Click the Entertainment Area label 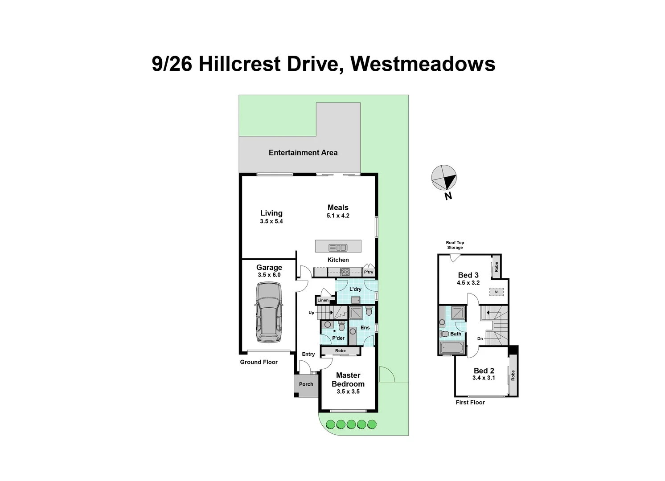coord(303,153)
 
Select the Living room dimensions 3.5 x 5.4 coord(271,221)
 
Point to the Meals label coord(338,208)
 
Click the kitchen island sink coord(338,247)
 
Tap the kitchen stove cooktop coord(345,272)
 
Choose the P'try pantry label coord(369,272)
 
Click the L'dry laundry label coord(355,289)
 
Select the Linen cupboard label coord(323,300)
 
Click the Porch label coord(306,384)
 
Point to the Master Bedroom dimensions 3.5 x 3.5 coord(348,392)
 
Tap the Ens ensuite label coord(365,328)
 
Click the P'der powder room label coord(339,338)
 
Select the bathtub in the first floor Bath coord(452,348)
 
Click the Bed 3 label coord(468,275)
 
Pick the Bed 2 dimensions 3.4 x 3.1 coord(484,378)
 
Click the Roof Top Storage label coord(455,245)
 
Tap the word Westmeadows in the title coord(423,64)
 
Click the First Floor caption coord(470,403)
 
